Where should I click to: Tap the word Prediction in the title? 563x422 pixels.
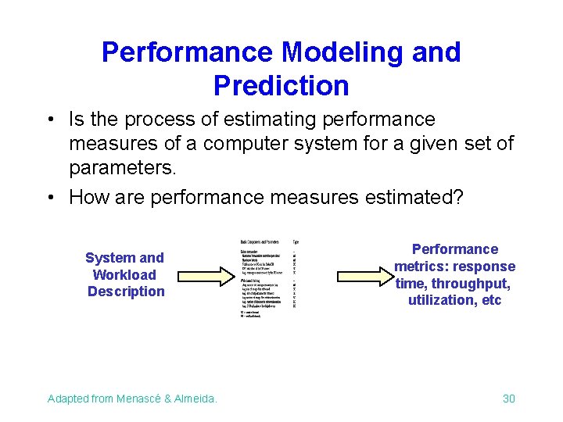click(x=281, y=85)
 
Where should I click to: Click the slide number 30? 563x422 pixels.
click(x=508, y=399)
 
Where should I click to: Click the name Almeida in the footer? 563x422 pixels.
click(x=195, y=399)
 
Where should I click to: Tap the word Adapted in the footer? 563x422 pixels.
click(x=68, y=399)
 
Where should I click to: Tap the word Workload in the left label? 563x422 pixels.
click(x=124, y=274)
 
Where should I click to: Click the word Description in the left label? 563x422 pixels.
click(x=126, y=291)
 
